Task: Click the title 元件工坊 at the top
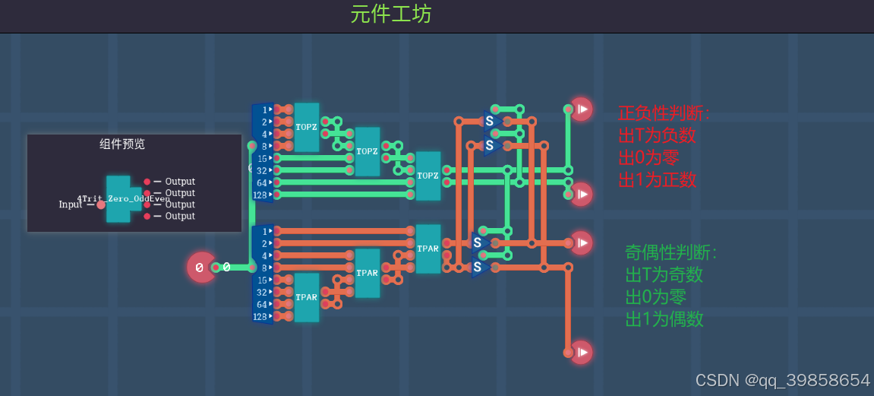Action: [390, 14]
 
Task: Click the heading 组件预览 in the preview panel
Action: [121, 144]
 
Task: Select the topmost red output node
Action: [581, 109]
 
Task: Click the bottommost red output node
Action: [581, 352]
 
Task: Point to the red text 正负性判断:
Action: [664, 114]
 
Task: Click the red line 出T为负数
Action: [657, 136]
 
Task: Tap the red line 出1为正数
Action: [657, 180]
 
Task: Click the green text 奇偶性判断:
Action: [670, 252]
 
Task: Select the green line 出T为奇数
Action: [664, 274]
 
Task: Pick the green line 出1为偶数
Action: [664, 318]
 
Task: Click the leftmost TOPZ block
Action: [307, 127]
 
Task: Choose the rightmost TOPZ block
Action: [428, 176]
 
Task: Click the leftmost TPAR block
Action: [307, 297]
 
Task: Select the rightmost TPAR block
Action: [428, 249]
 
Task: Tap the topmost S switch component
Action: [490, 121]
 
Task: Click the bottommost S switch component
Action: [478, 267]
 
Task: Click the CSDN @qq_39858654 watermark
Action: [783, 380]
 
